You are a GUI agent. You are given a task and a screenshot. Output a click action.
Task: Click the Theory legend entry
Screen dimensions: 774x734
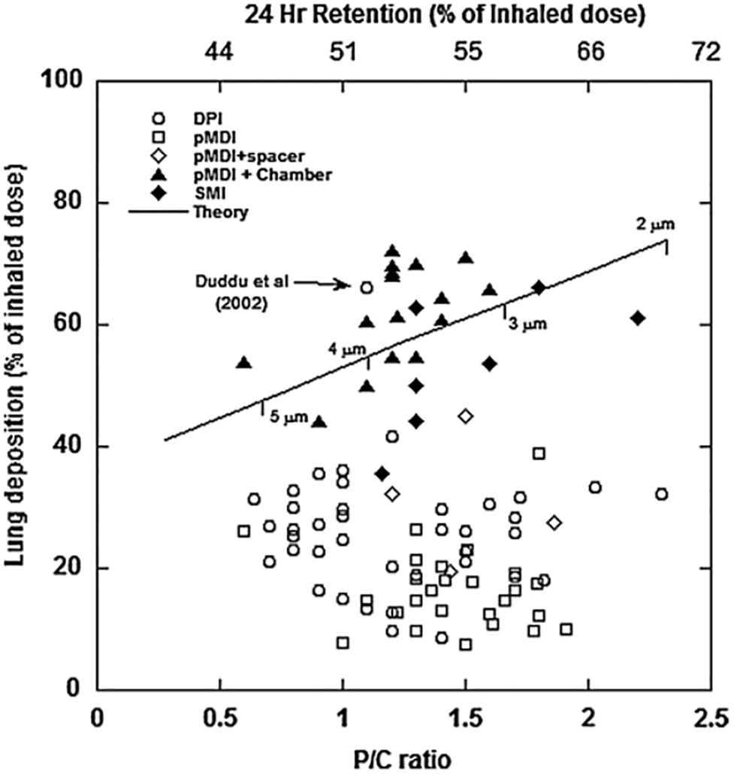220,212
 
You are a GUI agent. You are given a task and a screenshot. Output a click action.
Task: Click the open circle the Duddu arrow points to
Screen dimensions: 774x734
366,288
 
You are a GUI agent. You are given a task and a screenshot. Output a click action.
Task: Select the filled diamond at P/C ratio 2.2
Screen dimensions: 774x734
638,318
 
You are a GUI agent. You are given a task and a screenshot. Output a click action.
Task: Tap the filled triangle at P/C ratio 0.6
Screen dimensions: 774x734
243,363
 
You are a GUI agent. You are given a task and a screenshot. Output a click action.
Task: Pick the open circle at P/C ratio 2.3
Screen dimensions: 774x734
661,494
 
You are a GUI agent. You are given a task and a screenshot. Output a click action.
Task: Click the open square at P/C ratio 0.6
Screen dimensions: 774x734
243,531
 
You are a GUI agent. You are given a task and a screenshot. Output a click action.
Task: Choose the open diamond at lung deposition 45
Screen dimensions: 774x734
466,416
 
